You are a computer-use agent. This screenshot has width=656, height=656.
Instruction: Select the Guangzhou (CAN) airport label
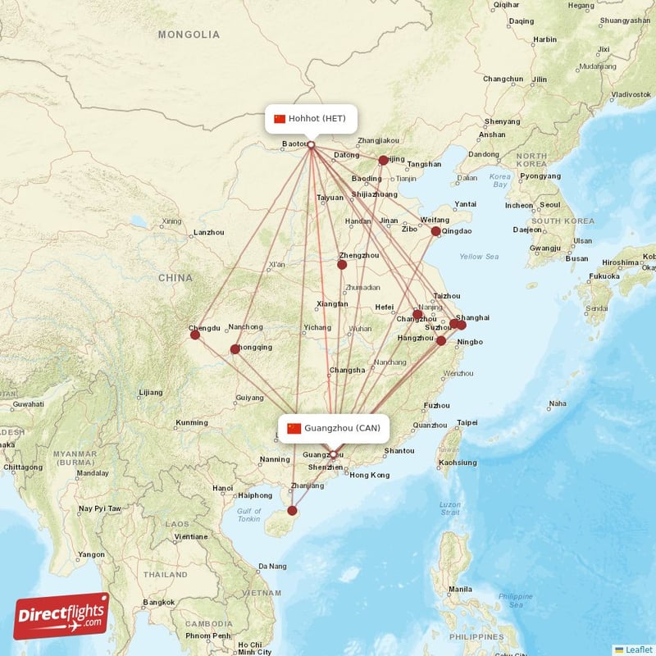[334, 428]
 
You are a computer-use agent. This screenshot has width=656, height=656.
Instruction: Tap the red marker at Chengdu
[194, 335]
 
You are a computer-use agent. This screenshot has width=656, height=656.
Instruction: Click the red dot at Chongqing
[235, 349]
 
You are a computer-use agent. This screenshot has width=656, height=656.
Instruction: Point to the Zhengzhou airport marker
[342, 265]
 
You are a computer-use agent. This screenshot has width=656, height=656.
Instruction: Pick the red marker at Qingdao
[435, 231]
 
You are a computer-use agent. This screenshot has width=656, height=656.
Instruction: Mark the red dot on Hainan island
[292, 511]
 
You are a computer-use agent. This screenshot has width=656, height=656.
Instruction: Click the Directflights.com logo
[61, 616]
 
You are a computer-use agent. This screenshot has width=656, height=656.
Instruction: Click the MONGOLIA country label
[189, 34]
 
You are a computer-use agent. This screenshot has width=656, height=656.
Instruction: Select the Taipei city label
[467, 423]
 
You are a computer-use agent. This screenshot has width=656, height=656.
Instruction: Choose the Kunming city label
[191, 423]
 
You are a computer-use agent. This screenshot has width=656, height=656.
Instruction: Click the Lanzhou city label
[208, 233]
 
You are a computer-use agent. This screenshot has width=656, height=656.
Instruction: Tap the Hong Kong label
[368, 476]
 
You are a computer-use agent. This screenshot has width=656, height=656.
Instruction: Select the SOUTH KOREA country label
[563, 221]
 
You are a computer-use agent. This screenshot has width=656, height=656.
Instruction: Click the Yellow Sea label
[479, 257]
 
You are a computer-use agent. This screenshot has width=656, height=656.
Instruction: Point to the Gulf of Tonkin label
[249, 515]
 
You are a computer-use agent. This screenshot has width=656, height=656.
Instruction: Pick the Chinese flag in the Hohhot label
[280, 118]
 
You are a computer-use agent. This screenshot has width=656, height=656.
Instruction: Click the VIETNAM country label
[266, 592]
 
